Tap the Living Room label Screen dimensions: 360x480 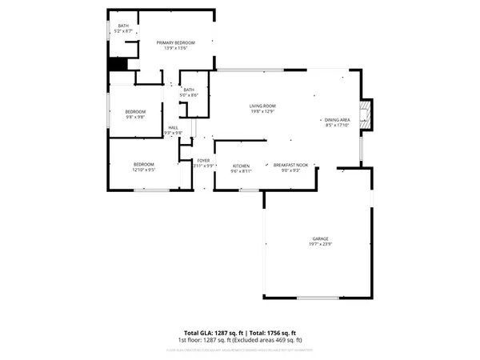(x=262, y=106)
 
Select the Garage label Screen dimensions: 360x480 (x=321, y=238)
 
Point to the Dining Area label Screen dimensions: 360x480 (x=337, y=118)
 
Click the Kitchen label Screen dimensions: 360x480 (x=241, y=166)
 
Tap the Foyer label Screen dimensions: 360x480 (x=204, y=161)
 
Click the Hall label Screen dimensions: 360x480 (x=173, y=126)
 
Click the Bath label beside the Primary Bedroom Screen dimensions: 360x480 (x=123, y=26)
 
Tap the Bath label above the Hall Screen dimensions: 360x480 (x=189, y=90)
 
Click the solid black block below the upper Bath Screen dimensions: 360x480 (x=118, y=66)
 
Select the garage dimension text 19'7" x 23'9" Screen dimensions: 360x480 (x=321, y=244)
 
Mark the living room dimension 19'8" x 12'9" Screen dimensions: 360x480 (x=262, y=111)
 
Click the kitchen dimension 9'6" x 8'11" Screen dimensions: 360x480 (x=241, y=171)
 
